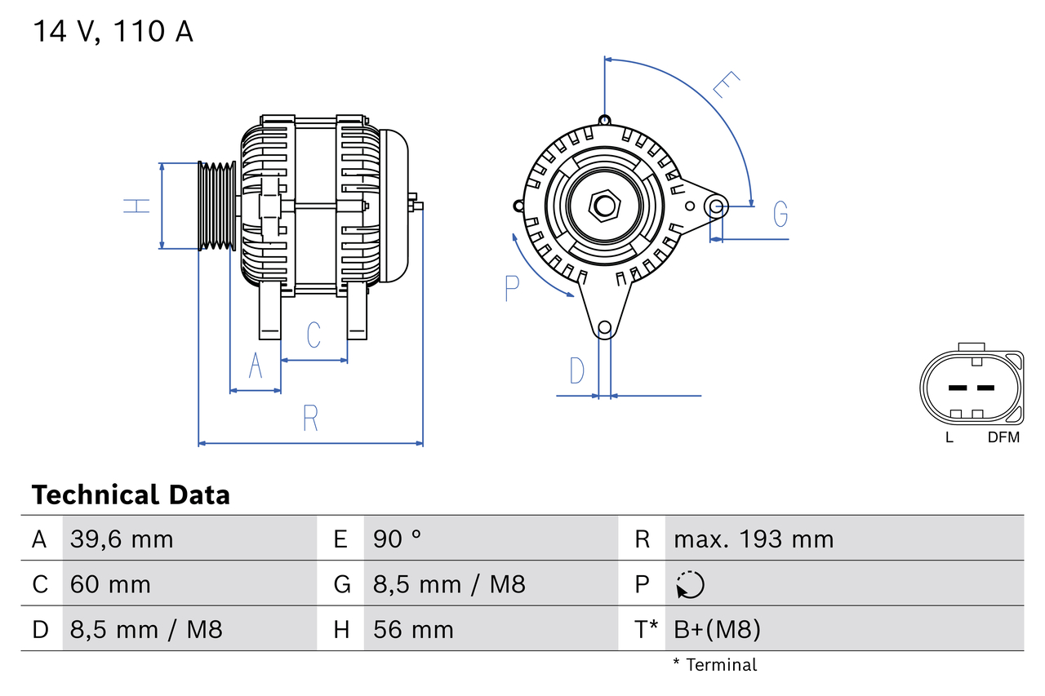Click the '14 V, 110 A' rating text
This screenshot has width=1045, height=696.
coord(113,32)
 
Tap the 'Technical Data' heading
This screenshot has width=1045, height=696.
coord(131,494)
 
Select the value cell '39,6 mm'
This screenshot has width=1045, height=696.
coord(122,539)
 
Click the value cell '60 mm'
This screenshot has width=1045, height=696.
coord(110,584)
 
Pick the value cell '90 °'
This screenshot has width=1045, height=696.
coord(397,539)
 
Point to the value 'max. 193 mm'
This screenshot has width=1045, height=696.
coord(753,539)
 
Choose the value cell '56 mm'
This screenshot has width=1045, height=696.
coord(412,629)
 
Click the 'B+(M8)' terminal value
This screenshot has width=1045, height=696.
coord(717,629)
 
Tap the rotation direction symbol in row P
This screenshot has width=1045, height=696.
coord(690,584)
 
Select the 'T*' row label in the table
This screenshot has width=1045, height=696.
coord(647,629)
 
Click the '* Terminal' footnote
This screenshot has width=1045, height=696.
coord(714,664)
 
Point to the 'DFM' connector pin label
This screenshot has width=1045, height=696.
coord(1003,437)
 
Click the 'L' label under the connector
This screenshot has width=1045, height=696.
coord(949,437)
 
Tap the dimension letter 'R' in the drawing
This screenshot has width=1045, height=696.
coord(310,418)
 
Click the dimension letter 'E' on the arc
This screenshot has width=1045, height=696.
coord(726,85)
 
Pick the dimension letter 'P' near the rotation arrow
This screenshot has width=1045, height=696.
coord(512,287)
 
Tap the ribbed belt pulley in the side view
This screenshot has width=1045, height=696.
coord(217,206)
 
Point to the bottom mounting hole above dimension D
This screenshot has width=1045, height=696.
coord(604,328)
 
